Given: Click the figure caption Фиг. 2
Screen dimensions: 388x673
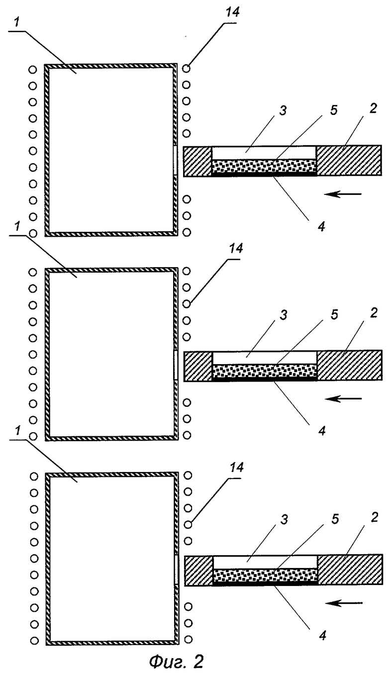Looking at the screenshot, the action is point(177,661).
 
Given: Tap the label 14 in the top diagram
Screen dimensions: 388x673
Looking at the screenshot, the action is point(232,12).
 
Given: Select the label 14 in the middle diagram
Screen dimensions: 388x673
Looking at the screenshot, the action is point(235,248).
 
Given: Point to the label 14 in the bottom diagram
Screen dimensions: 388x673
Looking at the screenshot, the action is point(236,467).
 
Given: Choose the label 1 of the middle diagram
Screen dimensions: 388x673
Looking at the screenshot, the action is point(18,226).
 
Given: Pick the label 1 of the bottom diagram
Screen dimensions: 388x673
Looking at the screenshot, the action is point(18,430).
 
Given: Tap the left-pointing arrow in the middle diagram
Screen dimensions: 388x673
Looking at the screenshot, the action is point(344,399).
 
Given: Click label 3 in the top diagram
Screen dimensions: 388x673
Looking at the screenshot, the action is point(283,110).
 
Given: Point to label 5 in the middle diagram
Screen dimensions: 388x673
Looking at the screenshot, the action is point(334,314).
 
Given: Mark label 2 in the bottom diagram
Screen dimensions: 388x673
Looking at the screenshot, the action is point(374,517).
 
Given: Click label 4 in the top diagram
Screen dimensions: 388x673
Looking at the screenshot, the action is point(321,226).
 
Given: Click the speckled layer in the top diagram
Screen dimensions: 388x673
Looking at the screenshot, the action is point(264,166).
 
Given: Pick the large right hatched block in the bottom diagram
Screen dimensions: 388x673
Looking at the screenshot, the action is point(350,570).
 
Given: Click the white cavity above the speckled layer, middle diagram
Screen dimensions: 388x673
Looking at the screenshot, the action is point(265,358).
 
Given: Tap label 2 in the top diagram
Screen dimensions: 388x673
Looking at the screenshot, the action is point(373,108).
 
